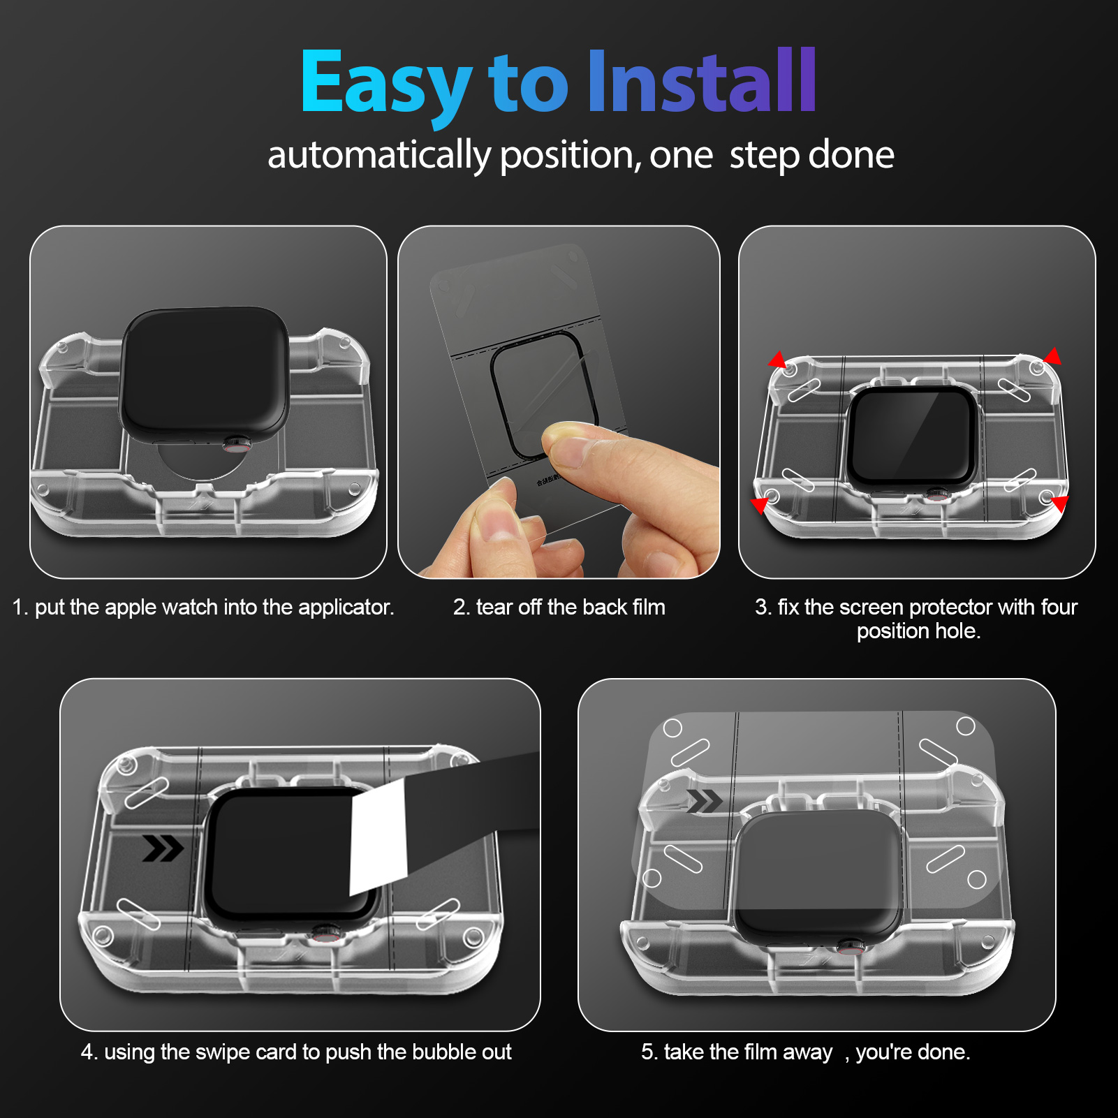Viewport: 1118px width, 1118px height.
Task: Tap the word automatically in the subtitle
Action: tap(379, 155)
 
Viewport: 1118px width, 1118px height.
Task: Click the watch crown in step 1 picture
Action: tap(237, 443)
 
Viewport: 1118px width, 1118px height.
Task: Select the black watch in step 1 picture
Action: tap(204, 374)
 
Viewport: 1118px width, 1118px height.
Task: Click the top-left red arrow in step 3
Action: tap(777, 360)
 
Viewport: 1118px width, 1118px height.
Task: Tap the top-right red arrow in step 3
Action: tap(1052, 357)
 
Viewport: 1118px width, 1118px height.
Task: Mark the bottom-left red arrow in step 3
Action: tap(760, 504)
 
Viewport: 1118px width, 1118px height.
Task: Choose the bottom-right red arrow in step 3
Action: tap(1060, 503)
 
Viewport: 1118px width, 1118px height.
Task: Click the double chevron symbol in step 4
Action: tap(163, 848)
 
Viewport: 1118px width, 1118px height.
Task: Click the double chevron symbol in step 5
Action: tap(704, 801)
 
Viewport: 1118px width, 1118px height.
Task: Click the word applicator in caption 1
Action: tap(346, 608)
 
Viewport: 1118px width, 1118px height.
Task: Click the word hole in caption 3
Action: tap(957, 631)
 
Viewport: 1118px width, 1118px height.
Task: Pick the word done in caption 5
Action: tap(946, 1052)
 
